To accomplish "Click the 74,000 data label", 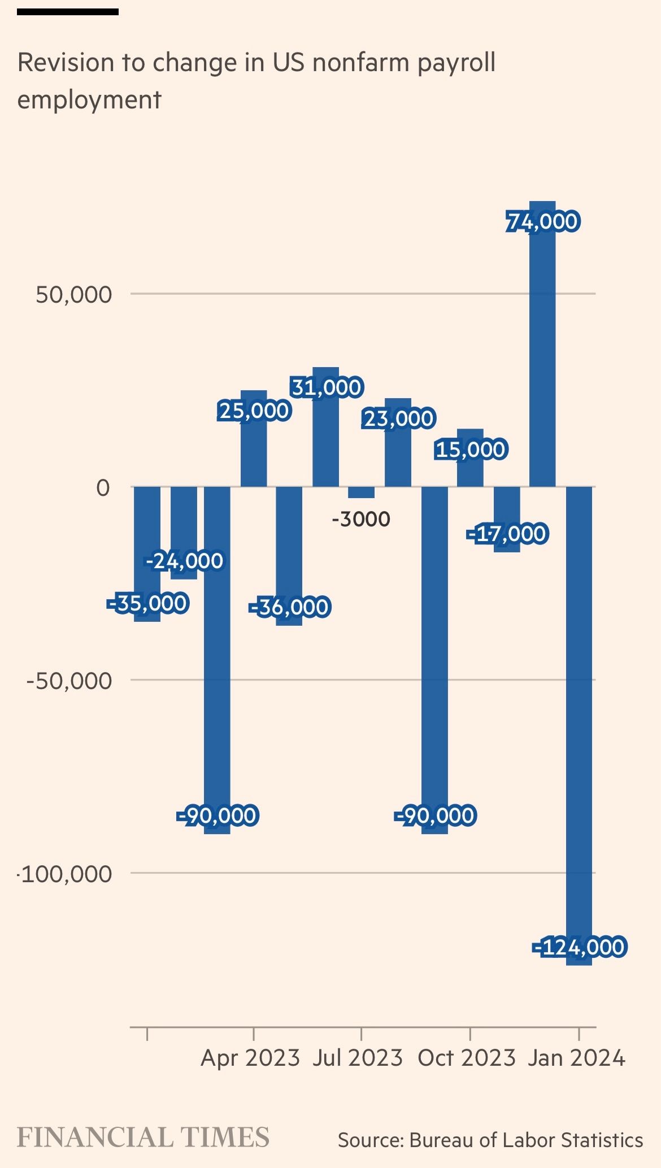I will tap(542, 221).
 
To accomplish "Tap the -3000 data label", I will tap(361, 519).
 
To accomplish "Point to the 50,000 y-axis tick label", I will tap(74, 295).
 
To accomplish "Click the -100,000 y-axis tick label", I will tap(66, 874).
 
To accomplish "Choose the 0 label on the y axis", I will tap(103, 487).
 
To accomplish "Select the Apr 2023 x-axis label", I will tap(250, 1058).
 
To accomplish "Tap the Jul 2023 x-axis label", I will tap(358, 1058).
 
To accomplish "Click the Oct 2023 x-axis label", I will tap(467, 1058).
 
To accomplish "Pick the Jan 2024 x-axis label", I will tap(576, 1058).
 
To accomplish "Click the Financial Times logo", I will tap(143, 1137).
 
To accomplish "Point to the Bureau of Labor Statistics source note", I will tap(490, 1140).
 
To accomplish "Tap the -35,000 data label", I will tap(147, 603).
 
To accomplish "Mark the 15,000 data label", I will tap(471, 450).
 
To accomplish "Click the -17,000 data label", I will tap(507, 534).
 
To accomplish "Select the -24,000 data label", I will tap(184, 561).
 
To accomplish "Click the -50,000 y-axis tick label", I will tap(69, 681).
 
